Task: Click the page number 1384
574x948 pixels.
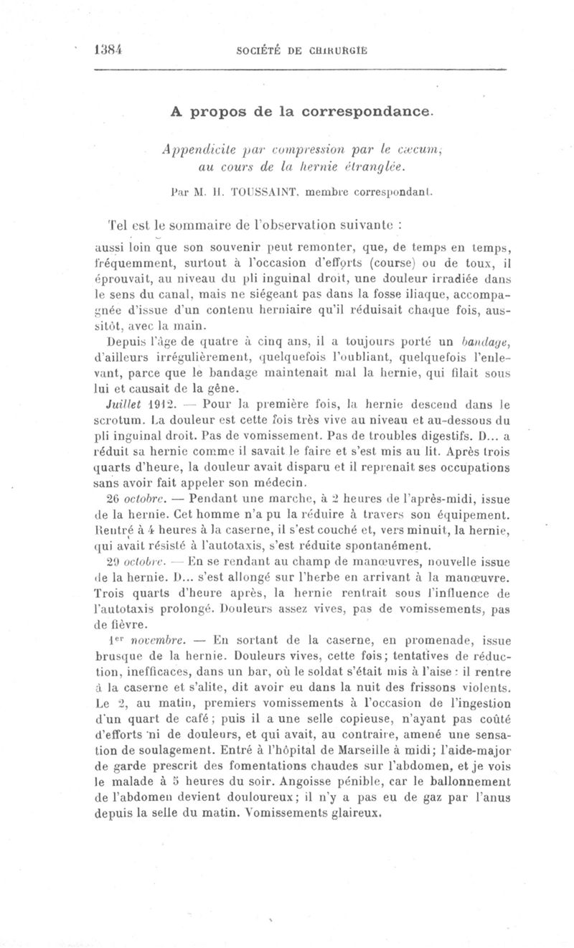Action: coord(110,50)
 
